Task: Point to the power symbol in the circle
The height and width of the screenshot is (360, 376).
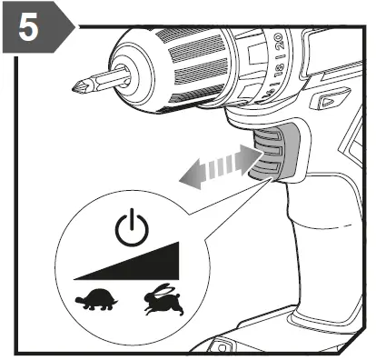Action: [x=130, y=226]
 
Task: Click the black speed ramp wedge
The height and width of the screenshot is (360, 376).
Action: [x=145, y=265]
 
